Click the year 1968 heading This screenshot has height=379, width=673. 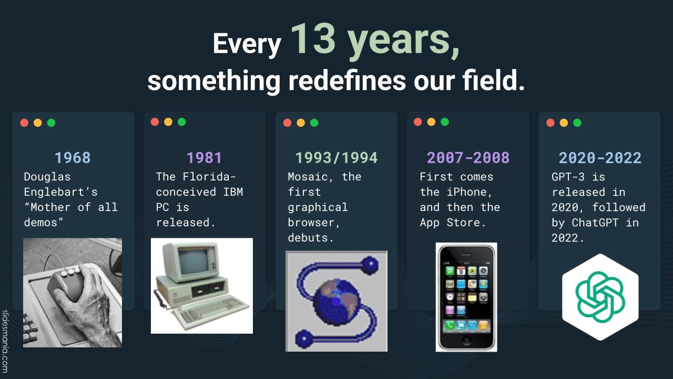73,157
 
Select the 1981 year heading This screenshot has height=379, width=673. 204,157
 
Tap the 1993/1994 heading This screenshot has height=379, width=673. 336,157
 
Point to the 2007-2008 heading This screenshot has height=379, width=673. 468,157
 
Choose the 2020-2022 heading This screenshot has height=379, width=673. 600,157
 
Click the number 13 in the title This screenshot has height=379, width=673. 313,39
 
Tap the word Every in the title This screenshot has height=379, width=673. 247,44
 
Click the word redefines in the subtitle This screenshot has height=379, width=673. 347,81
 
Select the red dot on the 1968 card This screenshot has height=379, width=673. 24,123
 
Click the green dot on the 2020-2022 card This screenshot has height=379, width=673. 577,123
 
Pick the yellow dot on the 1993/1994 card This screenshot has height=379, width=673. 301,123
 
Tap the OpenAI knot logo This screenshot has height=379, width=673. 600,297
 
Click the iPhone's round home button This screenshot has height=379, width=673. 466,340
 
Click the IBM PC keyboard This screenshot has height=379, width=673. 210,311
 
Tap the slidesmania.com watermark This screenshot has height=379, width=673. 5,342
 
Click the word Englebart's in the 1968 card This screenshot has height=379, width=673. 60,192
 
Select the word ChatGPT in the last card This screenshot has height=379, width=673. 595,223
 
